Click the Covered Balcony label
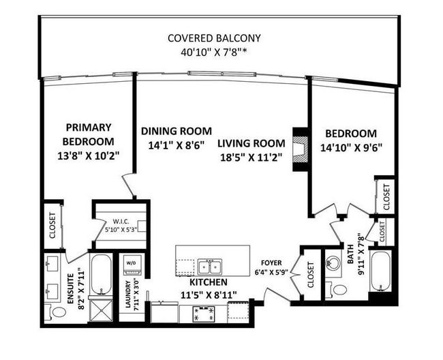214,38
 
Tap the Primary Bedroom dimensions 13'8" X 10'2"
89,155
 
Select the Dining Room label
177,131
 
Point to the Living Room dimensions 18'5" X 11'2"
251,157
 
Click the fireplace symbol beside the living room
301,149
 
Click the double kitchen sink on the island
210,267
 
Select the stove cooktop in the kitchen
204,314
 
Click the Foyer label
271,262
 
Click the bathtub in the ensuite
101,274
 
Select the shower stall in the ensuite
101,310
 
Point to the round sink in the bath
333,262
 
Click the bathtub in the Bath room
381,271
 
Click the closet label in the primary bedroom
52,225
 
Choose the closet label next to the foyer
311,275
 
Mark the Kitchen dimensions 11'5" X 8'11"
209,295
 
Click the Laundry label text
127,294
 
